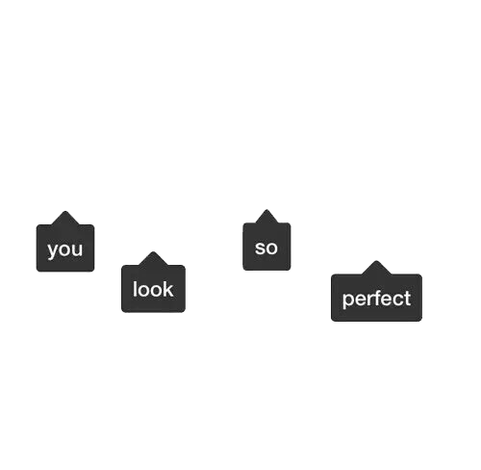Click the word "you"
pyautogui.click(x=65, y=249)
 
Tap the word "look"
pyautogui.click(x=153, y=289)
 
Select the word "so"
pyautogui.click(x=266, y=248)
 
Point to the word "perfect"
pyautogui.click(x=376, y=300)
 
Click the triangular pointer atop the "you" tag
pyautogui.click(x=65, y=218)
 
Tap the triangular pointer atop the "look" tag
pyautogui.click(x=153, y=258)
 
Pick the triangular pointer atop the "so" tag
pyautogui.click(x=266, y=216)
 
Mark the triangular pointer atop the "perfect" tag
pyautogui.click(x=376, y=268)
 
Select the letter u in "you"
pyautogui.click(x=78, y=249)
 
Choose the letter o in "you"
pyautogui.click(x=65, y=249)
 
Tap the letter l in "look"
pyautogui.click(x=135, y=289)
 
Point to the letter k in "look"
pyautogui.click(x=168, y=289)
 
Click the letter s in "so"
pyautogui.click(x=260, y=248)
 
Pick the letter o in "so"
pyautogui.click(x=272, y=248)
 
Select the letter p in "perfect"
pyautogui.click(x=348, y=300)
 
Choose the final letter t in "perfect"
pyautogui.click(x=408, y=299)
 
